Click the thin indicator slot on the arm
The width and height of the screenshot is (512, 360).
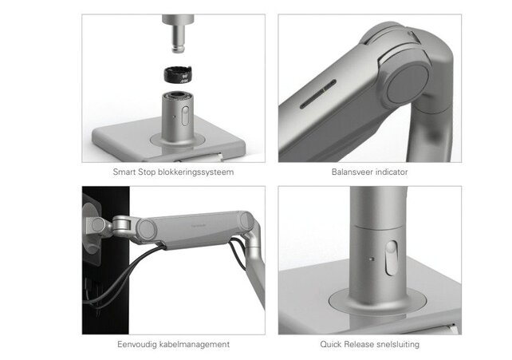coord(315,102)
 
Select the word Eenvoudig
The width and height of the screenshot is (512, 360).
coord(136,344)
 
